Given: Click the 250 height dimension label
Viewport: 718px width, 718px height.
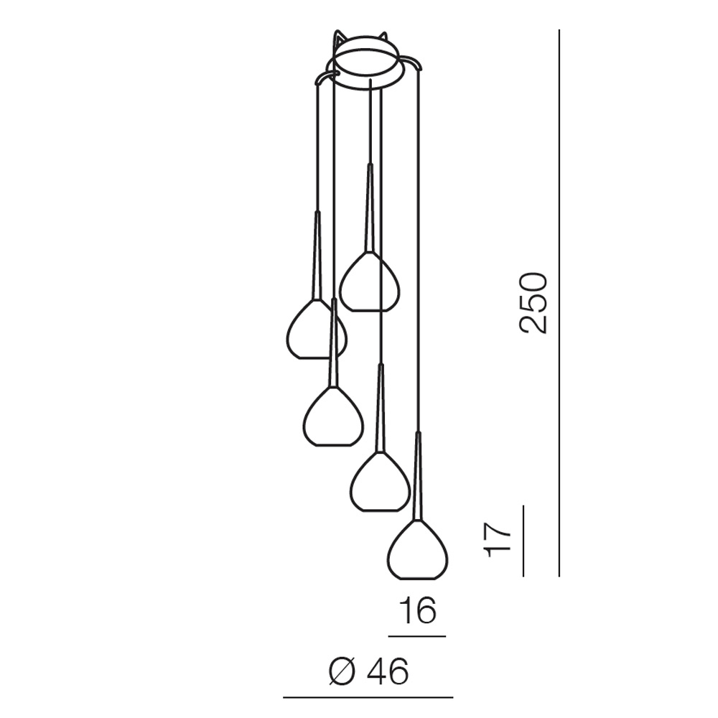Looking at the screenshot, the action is (533, 303).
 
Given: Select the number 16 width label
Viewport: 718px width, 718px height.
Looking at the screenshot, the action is (418, 610).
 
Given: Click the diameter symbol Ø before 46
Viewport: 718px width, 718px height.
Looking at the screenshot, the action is (342, 672).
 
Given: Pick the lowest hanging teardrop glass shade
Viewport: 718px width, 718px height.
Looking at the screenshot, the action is (418, 549).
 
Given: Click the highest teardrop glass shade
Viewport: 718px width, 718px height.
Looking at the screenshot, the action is (370, 281).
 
